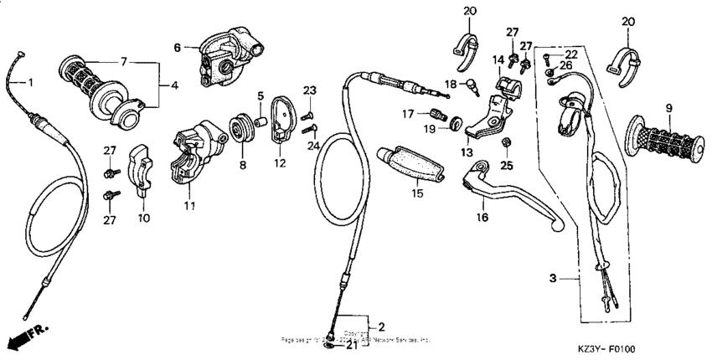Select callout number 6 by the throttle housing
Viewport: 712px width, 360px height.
click(x=177, y=48)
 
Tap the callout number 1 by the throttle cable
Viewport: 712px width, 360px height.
click(x=33, y=82)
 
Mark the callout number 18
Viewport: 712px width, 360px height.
click(x=450, y=85)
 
